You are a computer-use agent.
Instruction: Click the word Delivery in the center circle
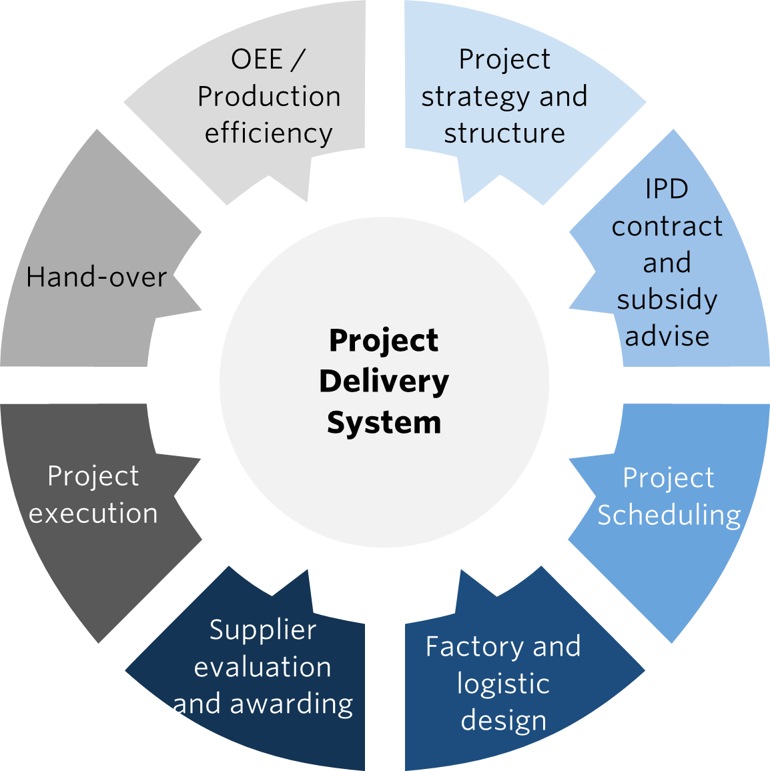pos(384,382)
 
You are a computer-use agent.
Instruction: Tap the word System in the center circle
pos(384,423)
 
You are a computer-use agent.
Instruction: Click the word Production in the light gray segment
pos(269,97)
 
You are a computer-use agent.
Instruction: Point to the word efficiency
pos(268,133)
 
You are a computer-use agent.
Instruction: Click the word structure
pos(504,133)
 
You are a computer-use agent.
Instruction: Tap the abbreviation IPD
pos(667,189)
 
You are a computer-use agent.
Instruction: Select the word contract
pos(667,227)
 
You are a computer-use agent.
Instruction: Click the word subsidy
pos(667,300)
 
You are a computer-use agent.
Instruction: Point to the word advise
pos(667,336)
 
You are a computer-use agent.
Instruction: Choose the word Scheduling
pos(669,516)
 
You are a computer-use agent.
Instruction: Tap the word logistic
pos(503,684)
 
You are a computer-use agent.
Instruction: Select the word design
pos(503,721)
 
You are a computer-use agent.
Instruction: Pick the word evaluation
pos(262,667)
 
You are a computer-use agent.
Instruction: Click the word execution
pos(93,514)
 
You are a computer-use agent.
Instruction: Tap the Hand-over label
pos(96,277)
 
